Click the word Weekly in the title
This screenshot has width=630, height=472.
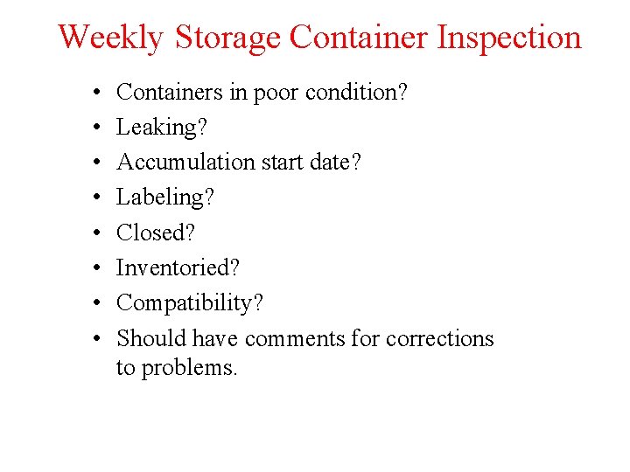point(111,38)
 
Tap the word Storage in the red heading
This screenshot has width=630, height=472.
point(227,38)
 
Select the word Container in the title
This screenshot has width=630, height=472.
point(359,38)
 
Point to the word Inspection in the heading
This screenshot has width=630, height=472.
point(508,38)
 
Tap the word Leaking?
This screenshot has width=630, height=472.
point(162,128)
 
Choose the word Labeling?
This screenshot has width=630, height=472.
point(165,198)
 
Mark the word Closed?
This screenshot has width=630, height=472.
point(156,233)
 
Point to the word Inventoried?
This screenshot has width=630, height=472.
point(178,267)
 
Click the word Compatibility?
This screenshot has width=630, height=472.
point(190,303)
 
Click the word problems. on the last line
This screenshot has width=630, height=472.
point(189,368)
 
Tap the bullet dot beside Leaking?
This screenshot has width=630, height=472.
point(93,128)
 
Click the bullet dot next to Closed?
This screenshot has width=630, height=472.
point(93,233)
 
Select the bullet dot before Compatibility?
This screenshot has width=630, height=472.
point(93,303)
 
